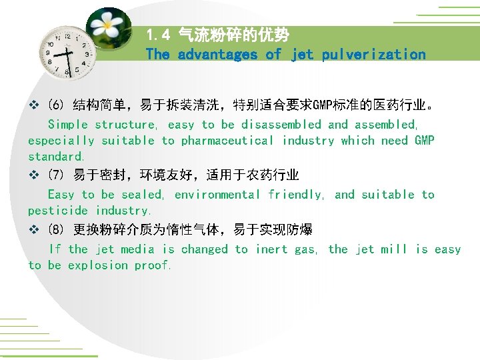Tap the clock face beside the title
(x=68, y=52)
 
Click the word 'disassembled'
(x=281, y=125)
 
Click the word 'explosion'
(x=97, y=265)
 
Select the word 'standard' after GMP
(x=55, y=157)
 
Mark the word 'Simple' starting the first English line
(x=68, y=125)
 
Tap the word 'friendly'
(x=295, y=195)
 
